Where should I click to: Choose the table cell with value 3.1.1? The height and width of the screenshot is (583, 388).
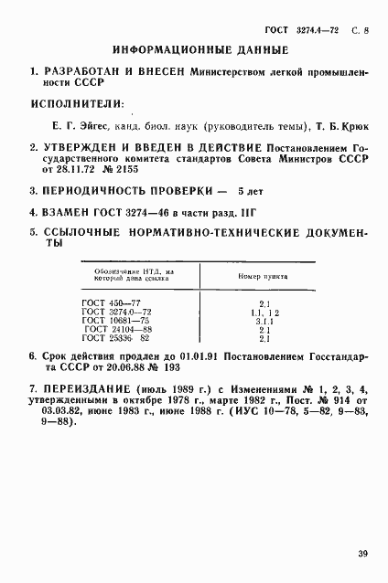263,321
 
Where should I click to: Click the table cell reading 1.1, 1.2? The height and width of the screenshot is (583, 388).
263,312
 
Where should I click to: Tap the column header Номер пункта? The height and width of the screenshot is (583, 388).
263,275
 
